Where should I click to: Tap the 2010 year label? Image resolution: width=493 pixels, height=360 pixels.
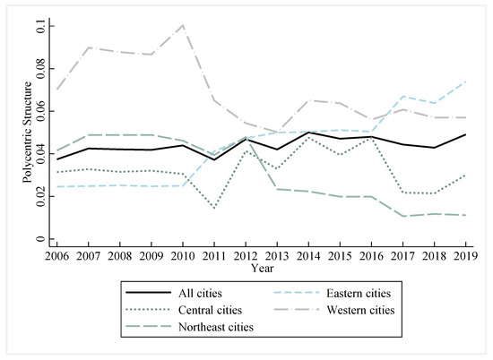tap(184, 255)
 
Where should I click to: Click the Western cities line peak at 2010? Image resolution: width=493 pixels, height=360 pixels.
tap(184, 25)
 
